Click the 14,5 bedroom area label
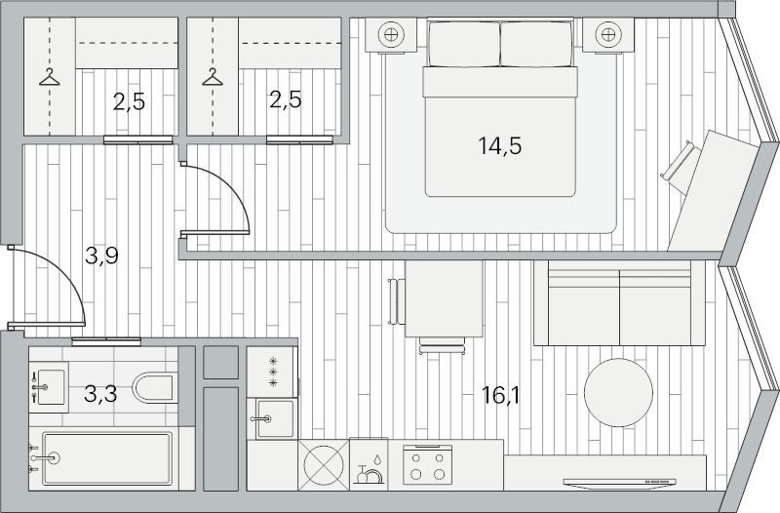pos(499,146)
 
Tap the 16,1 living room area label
pos(500,396)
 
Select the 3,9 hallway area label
pos(101,256)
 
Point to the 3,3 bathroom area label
pos(100,394)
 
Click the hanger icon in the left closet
pos(50,77)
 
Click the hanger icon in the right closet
pos(213,77)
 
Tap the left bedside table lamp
pos(391,35)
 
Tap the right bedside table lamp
pos(607,35)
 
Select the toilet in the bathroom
pos(153,387)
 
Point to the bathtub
pos(107,458)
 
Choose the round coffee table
pos(618,393)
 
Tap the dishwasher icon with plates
pos(369,471)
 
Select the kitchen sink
pos(275,418)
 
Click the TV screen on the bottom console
pos(619,482)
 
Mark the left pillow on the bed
pos(464,44)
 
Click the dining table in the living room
pos(444,298)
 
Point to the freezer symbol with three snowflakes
pos(273,373)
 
